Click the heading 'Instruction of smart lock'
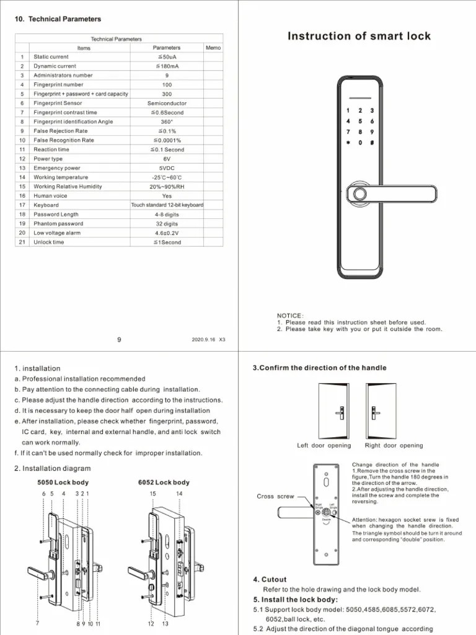[x=359, y=36]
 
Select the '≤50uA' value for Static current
[x=167, y=57]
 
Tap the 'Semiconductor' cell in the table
[x=167, y=103]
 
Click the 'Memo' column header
[x=213, y=48]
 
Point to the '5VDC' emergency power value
[x=167, y=168]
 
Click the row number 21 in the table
[x=22, y=242]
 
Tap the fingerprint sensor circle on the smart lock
[x=358, y=193]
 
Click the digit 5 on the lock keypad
[x=360, y=122]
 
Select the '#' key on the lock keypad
[x=371, y=143]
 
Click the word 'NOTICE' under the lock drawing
[x=290, y=316]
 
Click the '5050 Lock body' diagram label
[x=63, y=482]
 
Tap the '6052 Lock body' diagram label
[x=164, y=482]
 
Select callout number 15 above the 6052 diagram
[x=152, y=494]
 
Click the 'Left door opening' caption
[x=324, y=445]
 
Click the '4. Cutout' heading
[x=270, y=580]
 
